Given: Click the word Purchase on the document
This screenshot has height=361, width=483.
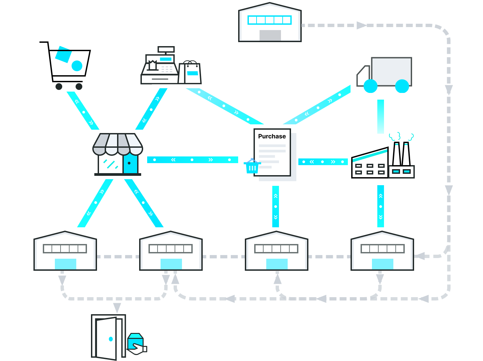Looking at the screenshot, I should pyautogui.click(x=272, y=136).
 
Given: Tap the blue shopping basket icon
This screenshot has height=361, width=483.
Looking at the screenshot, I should pyautogui.click(x=252, y=166).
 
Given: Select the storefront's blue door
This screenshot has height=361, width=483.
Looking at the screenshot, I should pyautogui.click(x=130, y=164).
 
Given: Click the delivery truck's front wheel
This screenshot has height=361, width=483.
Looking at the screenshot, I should pyautogui.click(x=370, y=86).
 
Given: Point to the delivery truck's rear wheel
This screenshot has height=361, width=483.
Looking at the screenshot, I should pyautogui.click(x=402, y=86).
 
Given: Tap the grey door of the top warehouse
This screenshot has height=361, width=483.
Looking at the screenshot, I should pyautogui.click(x=270, y=35).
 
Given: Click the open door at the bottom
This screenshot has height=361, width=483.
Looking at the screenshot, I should pyautogui.click(x=106, y=338).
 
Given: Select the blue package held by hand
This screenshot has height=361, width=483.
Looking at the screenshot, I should pyautogui.click(x=135, y=341).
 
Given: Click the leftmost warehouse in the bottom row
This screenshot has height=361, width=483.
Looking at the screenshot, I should pyautogui.click(x=65, y=251).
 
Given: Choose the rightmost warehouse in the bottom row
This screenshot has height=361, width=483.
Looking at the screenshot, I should pyautogui.click(x=382, y=251).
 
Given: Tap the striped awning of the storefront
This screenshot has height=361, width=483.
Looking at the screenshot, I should pyautogui.click(x=118, y=144).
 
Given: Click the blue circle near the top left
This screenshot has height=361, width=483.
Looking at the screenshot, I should pyautogui.click(x=77, y=66).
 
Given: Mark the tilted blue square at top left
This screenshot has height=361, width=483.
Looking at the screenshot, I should pyautogui.click(x=63, y=55).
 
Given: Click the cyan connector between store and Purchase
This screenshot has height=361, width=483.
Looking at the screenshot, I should pyautogui.click(x=192, y=160).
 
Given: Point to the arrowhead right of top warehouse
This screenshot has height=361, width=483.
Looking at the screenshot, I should pyautogui.click(x=361, y=25).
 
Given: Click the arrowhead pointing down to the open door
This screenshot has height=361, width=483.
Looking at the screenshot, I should pyautogui.click(x=117, y=308).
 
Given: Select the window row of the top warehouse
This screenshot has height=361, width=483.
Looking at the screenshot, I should pyautogui.click(x=269, y=20).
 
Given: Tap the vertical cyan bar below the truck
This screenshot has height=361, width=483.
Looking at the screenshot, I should pyautogui.click(x=381, y=116).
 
